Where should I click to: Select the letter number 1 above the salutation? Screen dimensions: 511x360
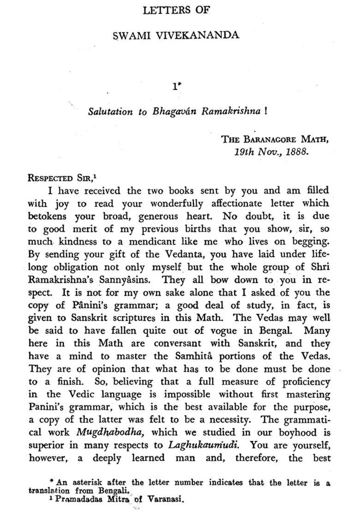coord(174,86)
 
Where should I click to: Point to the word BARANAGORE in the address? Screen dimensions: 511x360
coord(270,139)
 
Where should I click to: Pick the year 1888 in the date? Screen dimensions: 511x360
coord(296,152)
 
